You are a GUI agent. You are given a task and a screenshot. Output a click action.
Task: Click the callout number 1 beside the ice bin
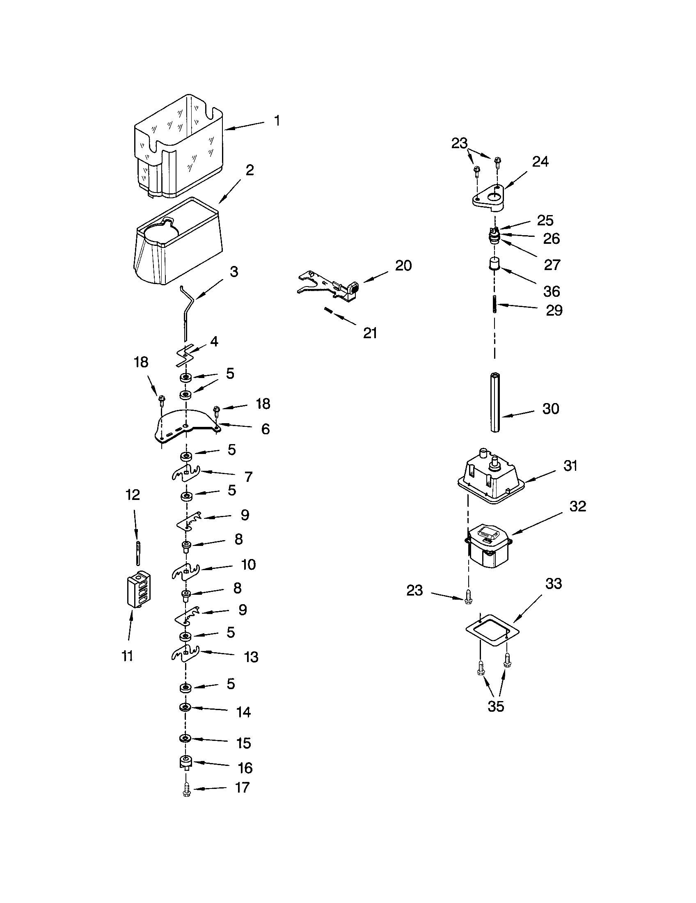click(x=277, y=121)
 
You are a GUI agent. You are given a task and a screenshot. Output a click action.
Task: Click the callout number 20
click(x=403, y=266)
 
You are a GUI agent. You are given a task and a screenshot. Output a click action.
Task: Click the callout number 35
click(x=496, y=706)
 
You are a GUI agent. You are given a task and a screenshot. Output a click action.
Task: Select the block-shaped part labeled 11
click(x=138, y=589)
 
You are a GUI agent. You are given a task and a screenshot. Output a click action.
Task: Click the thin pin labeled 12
click(x=137, y=553)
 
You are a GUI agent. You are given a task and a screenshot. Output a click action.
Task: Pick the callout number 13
click(x=251, y=657)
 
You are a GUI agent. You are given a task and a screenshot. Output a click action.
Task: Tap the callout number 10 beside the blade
click(x=248, y=565)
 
